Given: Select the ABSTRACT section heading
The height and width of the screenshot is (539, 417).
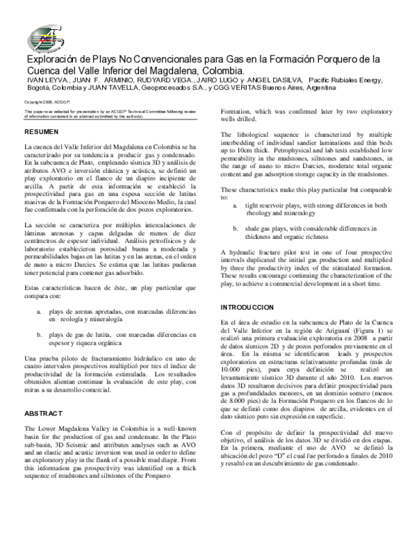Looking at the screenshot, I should pyautogui.click(x=44, y=413).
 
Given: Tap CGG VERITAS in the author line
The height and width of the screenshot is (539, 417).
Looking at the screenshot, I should pyautogui.click(x=240, y=89).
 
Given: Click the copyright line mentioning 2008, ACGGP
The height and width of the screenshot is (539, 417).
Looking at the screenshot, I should pyautogui.click(x=44, y=102).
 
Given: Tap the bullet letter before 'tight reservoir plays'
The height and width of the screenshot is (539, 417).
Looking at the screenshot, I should pyautogui.click(x=235, y=206).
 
